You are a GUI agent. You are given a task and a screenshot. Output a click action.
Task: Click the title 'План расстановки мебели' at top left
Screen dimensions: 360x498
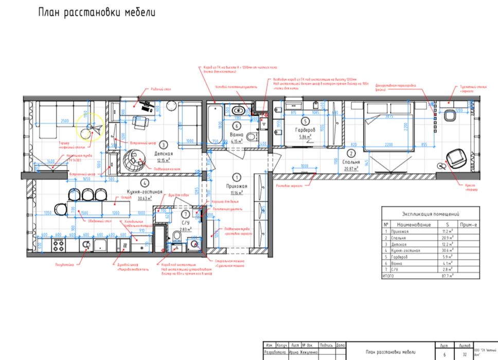[96, 12]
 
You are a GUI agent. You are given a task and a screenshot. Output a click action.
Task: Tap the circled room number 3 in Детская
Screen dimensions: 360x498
[162, 145]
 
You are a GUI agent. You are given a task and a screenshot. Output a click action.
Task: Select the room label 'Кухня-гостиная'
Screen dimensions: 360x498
[146, 191]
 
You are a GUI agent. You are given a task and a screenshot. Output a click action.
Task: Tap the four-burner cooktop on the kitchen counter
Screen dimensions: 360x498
[58, 245]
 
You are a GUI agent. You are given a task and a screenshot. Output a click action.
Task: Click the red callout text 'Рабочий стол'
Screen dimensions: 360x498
[161, 89]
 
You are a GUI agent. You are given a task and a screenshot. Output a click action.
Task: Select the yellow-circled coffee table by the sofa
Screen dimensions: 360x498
[89, 126]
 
